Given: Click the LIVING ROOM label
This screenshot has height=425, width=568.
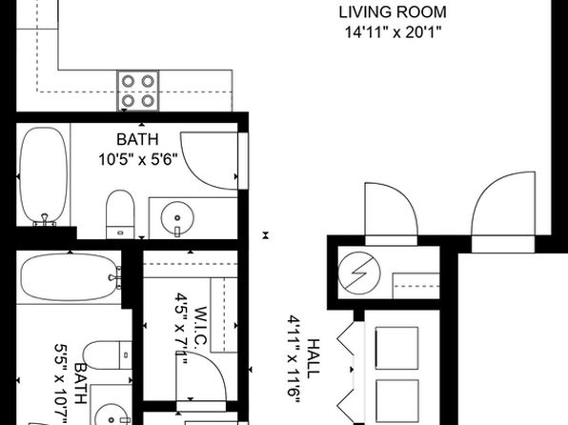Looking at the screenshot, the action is pos(393,12).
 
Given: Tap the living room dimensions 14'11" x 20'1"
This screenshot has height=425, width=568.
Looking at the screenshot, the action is pos(393,32).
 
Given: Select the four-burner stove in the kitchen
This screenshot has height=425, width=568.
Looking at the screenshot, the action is pos(137,91).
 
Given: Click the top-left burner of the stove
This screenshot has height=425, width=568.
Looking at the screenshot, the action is pos(128,81).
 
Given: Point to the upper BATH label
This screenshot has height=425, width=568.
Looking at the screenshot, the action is pos(137,139).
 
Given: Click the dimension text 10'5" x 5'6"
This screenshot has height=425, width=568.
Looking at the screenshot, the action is pos(138,159).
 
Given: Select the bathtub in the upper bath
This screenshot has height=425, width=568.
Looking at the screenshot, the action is pos(44,176).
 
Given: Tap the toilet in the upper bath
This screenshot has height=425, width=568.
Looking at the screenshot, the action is pos(120,214).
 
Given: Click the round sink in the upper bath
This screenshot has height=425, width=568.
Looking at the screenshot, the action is pos(177,218).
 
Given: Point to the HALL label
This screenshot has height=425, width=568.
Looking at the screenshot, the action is pos(314,358).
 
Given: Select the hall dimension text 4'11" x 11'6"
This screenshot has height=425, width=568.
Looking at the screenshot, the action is pos(294,359).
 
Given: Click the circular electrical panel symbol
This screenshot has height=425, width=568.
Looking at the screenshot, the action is pos(359,273).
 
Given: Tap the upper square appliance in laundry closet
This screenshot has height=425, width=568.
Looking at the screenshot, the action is pos(397,348).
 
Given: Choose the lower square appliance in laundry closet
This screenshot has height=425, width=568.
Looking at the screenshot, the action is pos(397,401).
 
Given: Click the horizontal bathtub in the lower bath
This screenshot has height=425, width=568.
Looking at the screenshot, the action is pos(70,277).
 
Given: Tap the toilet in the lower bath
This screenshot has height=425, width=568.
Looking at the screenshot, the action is pos(108,355).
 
